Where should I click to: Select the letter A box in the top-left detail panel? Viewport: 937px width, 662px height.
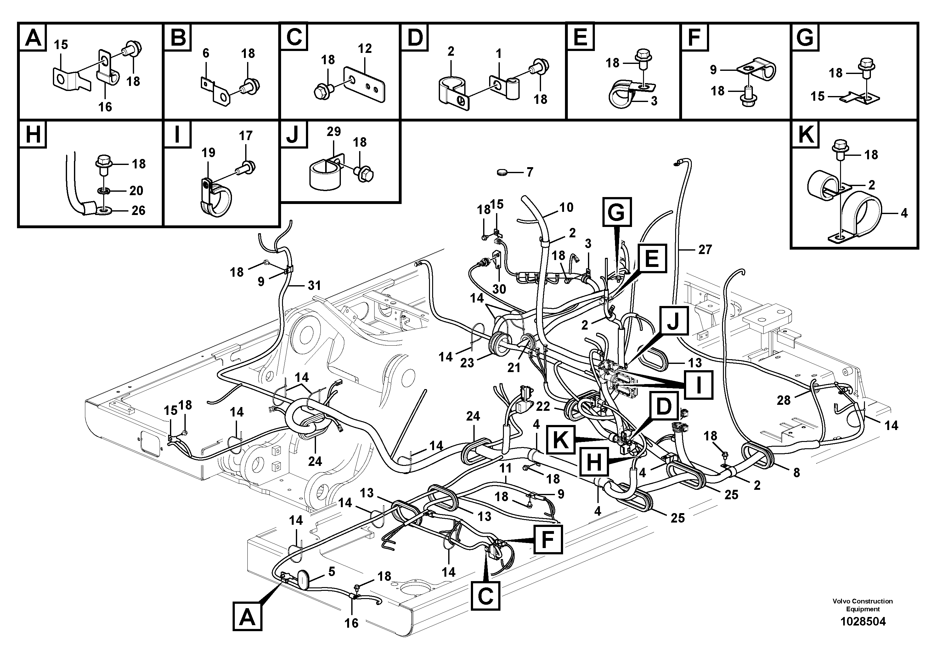tap(33, 37)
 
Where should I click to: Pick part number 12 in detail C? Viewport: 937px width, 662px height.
tap(364, 48)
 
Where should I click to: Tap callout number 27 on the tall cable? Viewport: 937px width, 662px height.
tap(705, 249)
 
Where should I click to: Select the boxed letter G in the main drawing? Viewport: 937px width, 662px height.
tap(617, 212)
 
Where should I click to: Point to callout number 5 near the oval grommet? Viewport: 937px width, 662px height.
tap(331, 572)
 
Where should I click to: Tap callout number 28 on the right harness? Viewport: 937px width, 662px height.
tap(783, 400)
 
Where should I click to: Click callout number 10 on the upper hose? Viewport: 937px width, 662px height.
tap(566, 207)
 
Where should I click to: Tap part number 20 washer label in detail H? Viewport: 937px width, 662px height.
tap(136, 190)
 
